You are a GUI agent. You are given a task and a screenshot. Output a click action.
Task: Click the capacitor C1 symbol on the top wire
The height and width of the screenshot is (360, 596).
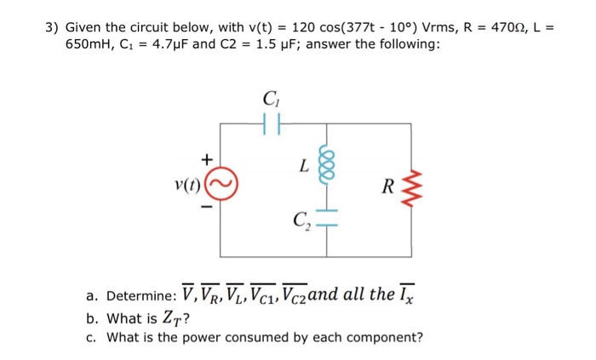tap(271, 123)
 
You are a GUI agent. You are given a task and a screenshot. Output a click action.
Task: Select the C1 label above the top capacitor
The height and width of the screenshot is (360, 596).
tap(271, 98)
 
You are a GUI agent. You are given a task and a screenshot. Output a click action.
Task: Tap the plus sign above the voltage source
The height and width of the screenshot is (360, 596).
tap(204, 159)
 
